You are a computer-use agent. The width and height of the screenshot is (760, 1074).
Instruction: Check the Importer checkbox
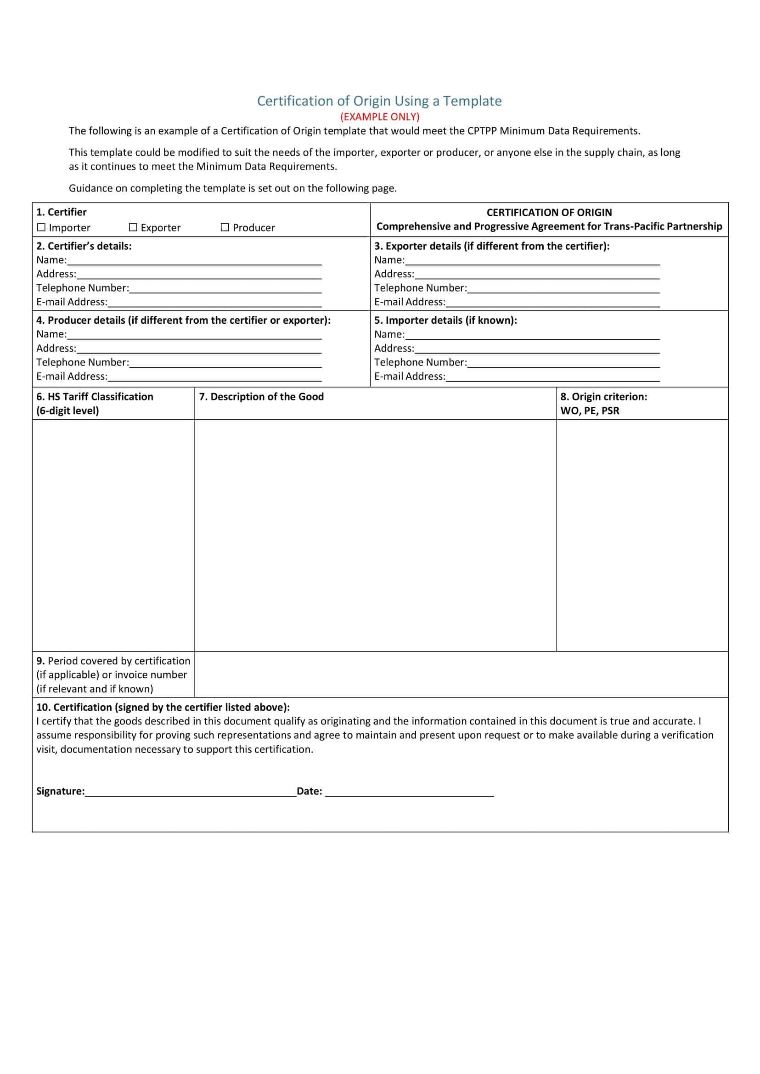pyautogui.click(x=42, y=227)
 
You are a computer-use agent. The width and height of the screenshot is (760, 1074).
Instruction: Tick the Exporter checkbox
pyautogui.click(x=133, y=227)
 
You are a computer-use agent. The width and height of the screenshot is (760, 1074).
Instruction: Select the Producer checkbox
pyautogui.click(x=225, y=227)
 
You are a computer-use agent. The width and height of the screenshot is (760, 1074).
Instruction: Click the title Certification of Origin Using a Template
pyautogui.click(x=379, y=101)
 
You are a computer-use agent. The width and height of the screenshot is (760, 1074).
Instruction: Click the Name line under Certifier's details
pyautogui.click(x=194, y=261)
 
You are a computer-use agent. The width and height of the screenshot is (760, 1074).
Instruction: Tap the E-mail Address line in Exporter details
pyautogui.click(x=552, y=303)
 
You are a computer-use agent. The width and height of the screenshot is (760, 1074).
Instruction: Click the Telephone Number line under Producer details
pyautogui.click(x=225, y=363)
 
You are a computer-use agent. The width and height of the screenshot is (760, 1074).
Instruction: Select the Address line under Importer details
pyautogui.click(x=537, y=349)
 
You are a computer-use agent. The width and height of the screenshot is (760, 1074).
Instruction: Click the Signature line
pyautogui.click(x=191, y=791)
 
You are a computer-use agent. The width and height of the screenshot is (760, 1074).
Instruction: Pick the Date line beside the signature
pyautogui.click(x=409, y=791)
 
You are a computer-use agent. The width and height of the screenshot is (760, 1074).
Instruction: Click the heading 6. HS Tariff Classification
pyautogui.click(x=95, y=397)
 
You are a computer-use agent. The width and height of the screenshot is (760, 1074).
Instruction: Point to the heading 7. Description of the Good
pyautogui.click(x=262, y=397)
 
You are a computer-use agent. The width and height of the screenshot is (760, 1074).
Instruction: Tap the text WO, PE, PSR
pyautogui.click(x=590, y=411)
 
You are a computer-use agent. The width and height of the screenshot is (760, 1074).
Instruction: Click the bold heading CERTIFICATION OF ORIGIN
pyautogui.click(x=549, y=213)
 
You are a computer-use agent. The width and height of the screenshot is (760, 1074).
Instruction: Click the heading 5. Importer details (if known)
pyautogui.click(x=445, y=321)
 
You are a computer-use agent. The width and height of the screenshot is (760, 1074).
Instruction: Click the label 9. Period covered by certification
pyautogui.click(x=113, y=661)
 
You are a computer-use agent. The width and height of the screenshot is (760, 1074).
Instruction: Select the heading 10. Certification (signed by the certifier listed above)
pyautogui.click(x=163, y=707)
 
